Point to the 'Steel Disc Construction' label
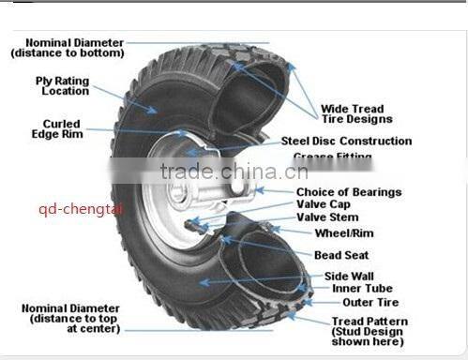pos(346,142)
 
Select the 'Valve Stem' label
pos(327,217)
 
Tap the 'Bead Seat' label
pos(341,255)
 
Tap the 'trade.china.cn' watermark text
pos(234,172)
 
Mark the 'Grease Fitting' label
pos(332,157)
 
